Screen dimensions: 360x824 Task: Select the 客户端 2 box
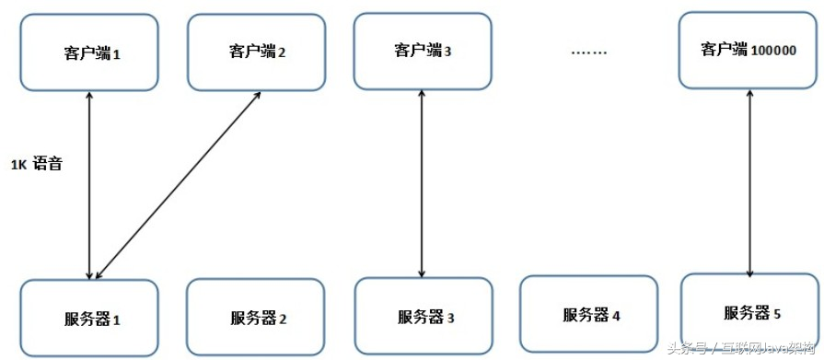click(256, 52)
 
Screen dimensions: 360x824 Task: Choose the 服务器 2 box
click(256, 319)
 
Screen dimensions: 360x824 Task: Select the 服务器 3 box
click(424, 318)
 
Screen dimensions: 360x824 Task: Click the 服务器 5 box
click(751, 313)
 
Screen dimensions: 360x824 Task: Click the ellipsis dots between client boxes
click(589, 52)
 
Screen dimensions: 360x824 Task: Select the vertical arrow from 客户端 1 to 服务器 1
click(88, 184)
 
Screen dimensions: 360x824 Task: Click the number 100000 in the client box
click(774, 52)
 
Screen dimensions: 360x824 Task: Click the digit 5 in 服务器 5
click(777, 314)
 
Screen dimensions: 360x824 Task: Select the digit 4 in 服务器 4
click(616, 316)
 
